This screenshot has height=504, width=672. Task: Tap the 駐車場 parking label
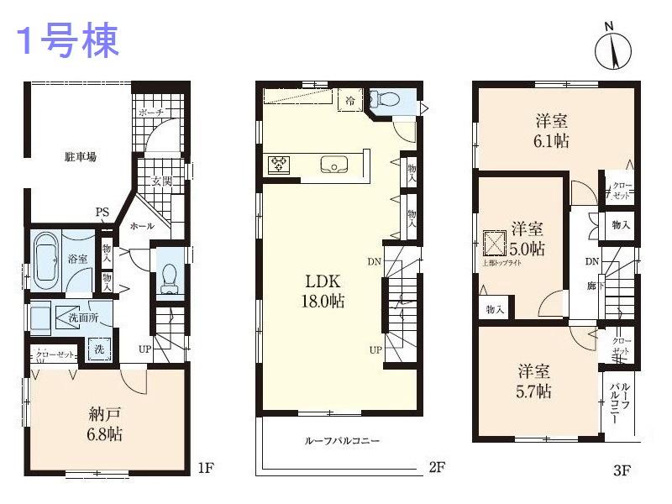pyautogui.click(x=81, y=156)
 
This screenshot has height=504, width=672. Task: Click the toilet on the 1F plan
pyautogui.click(x=169, y=277)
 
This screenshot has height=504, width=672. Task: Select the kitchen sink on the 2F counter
pyautogui.click(x=333, y=166)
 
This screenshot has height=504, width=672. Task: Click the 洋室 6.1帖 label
pyautogui.click(x=551, y=130)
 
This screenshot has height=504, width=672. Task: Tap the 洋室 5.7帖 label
pyautogui.click(x=533, y=381)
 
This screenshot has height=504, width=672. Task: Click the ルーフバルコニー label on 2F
pyautogui.click(x=342, y=441)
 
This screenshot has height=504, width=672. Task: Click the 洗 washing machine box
pyautogui.click(x=99, y=346)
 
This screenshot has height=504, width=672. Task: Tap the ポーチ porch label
pyautogui.click(x=152, y=113)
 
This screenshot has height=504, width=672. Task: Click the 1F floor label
pyautogui.click(x=206, y=465)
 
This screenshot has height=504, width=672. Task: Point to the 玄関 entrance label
pyautogui.click(x=161, y=181)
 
